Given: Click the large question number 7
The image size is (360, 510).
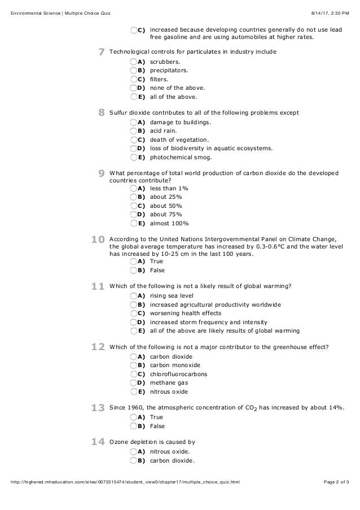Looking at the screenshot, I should click(x=101, y=53).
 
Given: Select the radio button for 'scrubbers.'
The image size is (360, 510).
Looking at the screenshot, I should click(x=133, y=62).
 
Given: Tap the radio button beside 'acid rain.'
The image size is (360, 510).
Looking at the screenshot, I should click(x=133, y=131).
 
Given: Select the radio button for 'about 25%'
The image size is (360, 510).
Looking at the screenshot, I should click(x=133, y=197).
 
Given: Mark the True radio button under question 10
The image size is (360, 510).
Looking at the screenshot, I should click(x=133, y=261).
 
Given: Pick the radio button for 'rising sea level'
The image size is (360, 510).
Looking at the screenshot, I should click(x=133, y=296).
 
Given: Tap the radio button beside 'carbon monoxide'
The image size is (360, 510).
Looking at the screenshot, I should click(x=133, y=365).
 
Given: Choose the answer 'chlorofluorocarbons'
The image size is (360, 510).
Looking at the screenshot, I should click(x=178, y=374).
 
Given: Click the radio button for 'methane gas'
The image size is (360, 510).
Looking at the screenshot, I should click(x=133, y=383).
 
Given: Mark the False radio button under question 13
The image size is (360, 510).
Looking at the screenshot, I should click(x=133, y=426).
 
